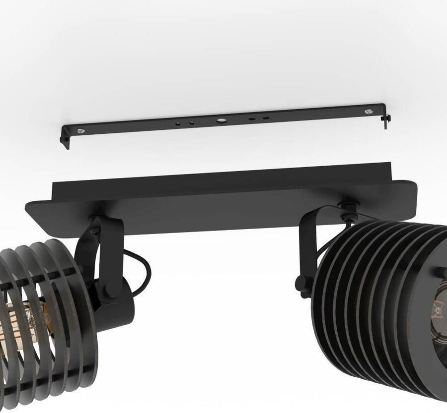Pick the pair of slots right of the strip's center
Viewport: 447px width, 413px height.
259,119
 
